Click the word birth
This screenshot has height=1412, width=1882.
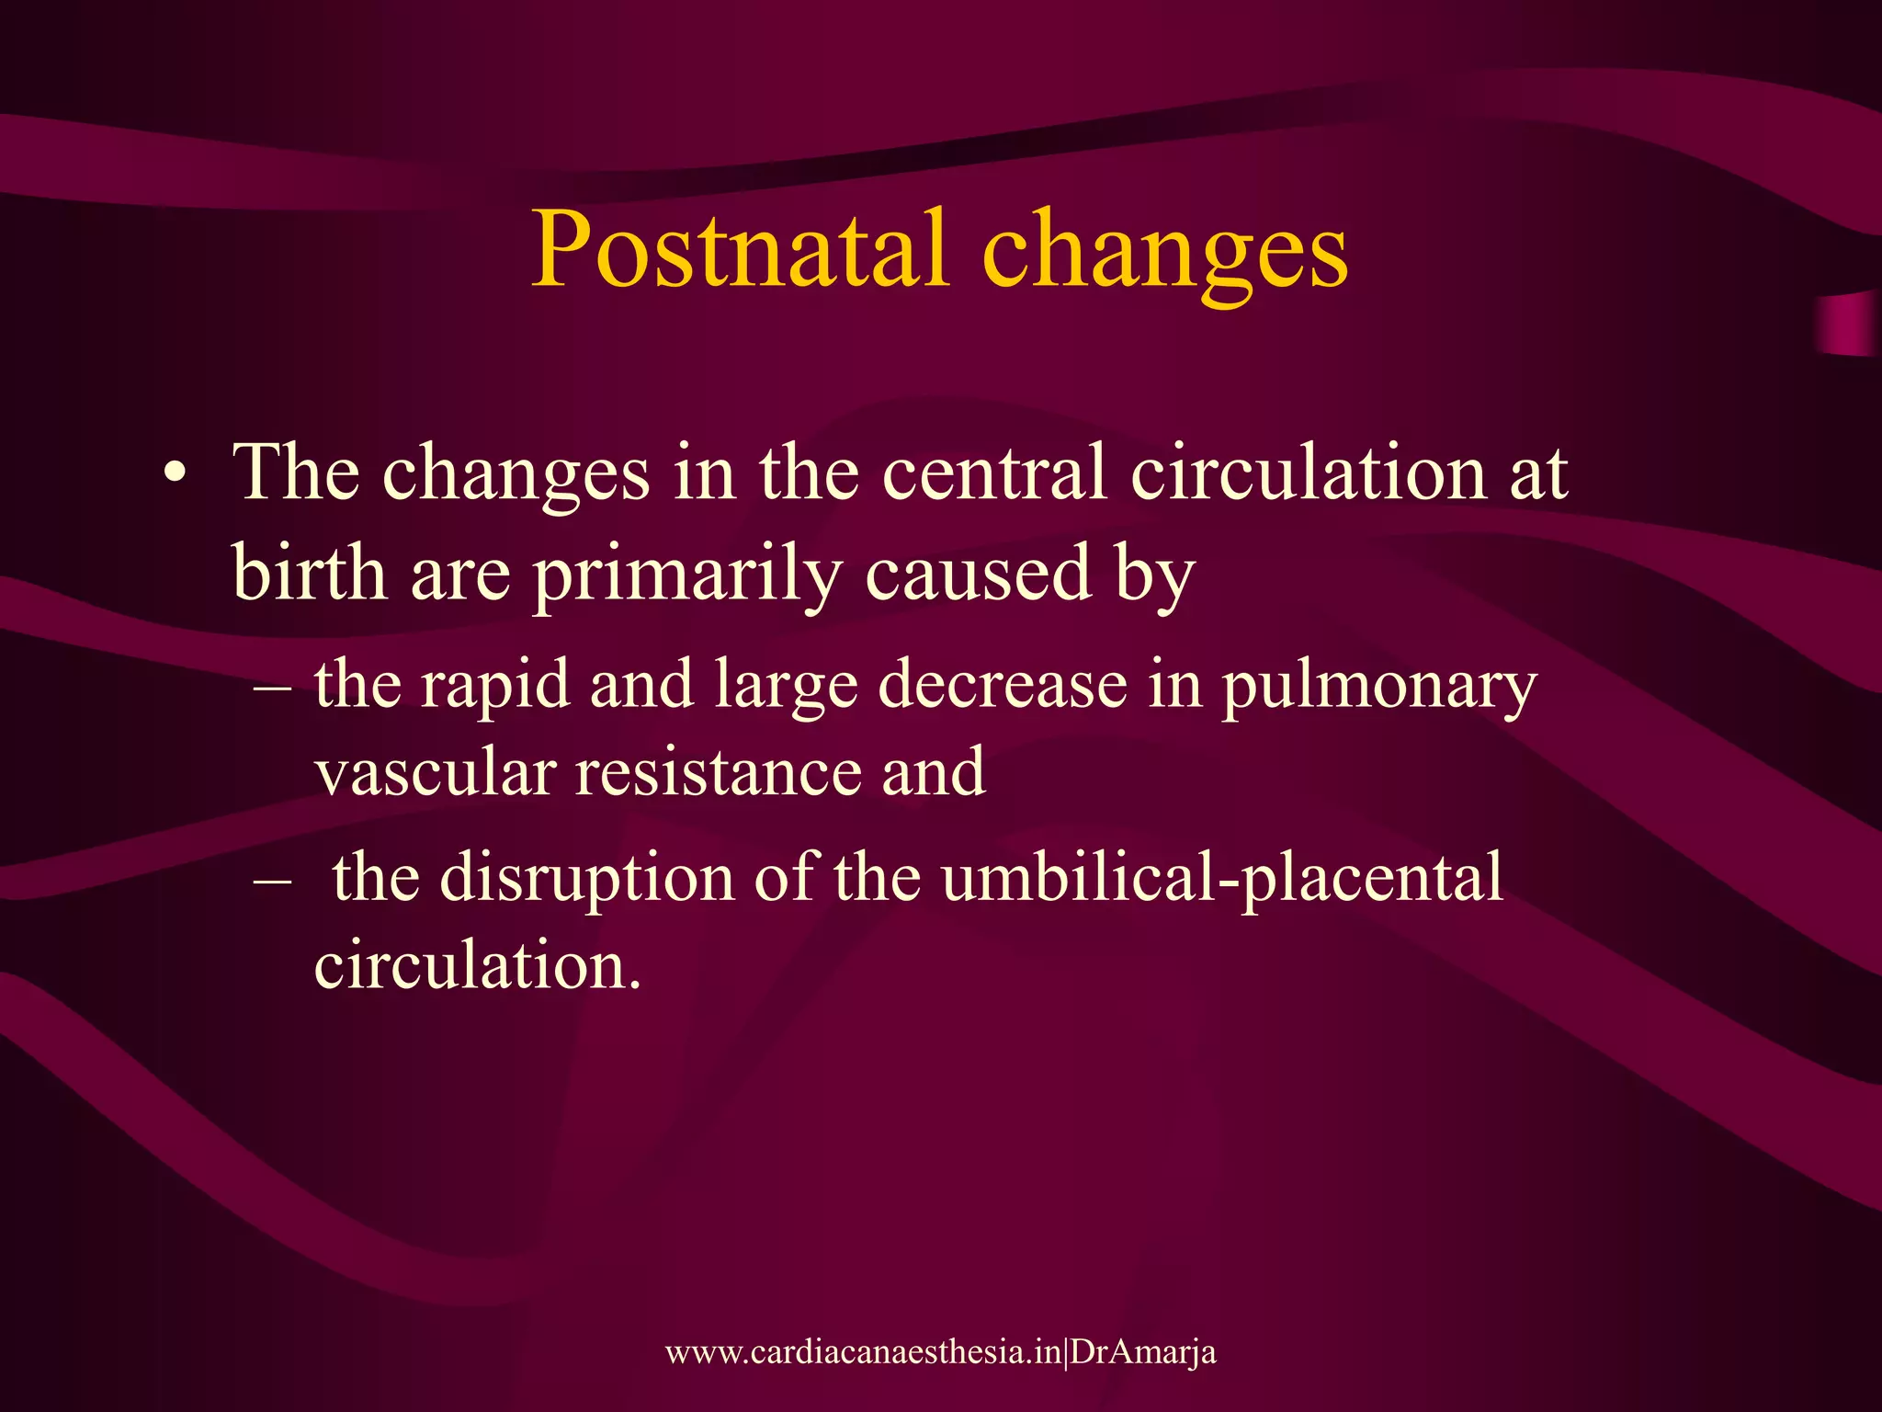point(309,573)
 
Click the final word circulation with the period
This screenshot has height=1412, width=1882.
point(477,965)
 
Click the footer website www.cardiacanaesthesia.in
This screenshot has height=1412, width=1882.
point(863,1352)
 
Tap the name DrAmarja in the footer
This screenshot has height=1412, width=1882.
point(1143,1352)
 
